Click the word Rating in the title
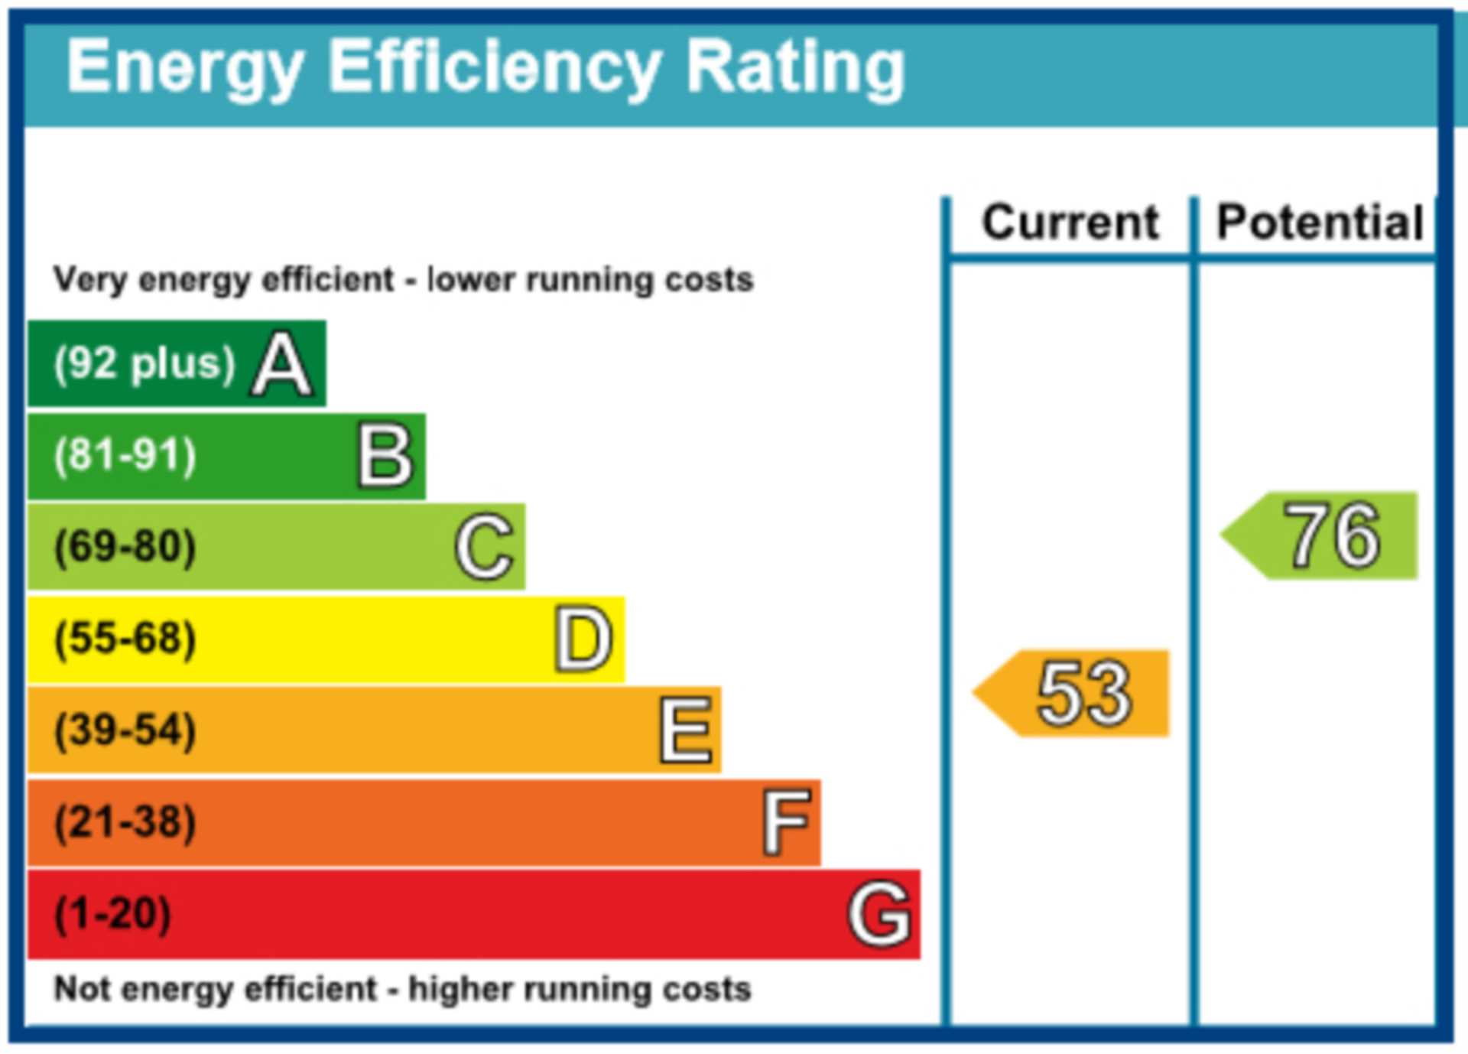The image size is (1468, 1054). coord(795,69)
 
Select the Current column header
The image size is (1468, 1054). coord(1070,223)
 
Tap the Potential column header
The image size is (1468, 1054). coord(1320,223)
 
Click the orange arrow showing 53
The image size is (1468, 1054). coord(1074,693)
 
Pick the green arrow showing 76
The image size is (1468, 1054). coord(1323,535)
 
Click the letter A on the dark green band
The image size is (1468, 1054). coord(282,364)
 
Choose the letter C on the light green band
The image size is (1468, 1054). coord(484,547)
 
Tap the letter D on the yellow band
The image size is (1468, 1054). coord(583,639)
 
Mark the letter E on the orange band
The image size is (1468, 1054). coord(686,731)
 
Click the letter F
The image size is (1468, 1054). coord(786,823)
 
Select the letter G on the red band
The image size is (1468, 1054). coord(879,915)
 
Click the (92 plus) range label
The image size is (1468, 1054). coord(145,364)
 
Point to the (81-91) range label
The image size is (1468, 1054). coord(125,456)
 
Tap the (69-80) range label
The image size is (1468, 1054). coord(125,548)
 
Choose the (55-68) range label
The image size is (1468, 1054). coord(125,639)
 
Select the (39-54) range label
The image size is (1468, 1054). coord(125,731)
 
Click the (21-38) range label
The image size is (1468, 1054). coord(125,823)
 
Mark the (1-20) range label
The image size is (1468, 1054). coord(113,915)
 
